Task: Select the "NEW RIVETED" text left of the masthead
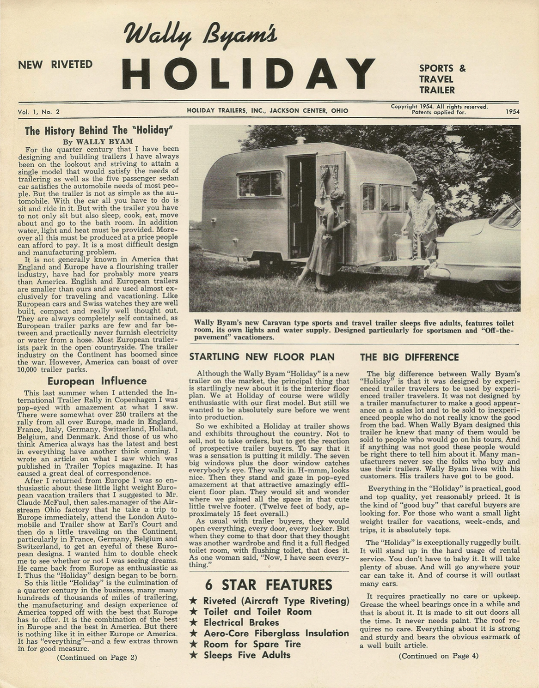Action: pyautogui.click(x=55, y=65)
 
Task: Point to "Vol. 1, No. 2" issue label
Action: pyautogui.click(x=38, y=111)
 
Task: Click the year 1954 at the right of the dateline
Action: pyautogui.click(x=513, y=111)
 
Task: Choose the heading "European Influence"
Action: pyautogui.click(x=97, y=381)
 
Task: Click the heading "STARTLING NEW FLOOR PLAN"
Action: pyautogui.click(x=262, y=357)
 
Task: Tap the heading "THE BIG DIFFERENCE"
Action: pyautogui.click(x=409, y=357)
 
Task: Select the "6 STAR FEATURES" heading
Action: pyautogui.click(x=269, y=585)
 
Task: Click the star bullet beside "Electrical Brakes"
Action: pyautogui.click(x=194, y=623)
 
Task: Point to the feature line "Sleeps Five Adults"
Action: pyautogui.click(x=247, y=655)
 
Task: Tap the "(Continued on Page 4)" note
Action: pyautogui.click(x=438, y=656)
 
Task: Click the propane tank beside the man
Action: pyautogui.click(x=404, y=245)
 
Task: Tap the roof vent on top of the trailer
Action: pyautogui.click(x=301, y=139)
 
